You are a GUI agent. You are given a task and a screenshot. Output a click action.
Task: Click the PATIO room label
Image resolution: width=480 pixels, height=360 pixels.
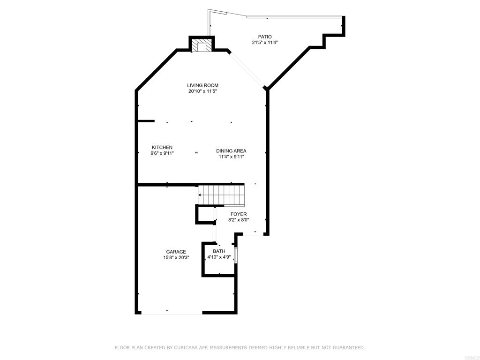click(265, 37)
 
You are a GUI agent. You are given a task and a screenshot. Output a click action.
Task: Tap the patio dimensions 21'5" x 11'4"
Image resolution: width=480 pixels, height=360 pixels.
click(265, 43)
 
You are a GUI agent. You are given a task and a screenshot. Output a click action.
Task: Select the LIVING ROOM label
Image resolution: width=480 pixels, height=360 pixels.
click(202, 85)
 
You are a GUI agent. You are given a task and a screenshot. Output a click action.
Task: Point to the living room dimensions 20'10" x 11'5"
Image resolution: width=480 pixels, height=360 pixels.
click(202, 91)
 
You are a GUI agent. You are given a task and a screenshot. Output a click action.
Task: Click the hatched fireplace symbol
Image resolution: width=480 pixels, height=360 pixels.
click(202, 46)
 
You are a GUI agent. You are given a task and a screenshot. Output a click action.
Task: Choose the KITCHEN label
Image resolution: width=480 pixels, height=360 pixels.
click(162, 147)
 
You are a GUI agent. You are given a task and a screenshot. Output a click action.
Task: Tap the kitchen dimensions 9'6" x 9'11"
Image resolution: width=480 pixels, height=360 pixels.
click(162, 153)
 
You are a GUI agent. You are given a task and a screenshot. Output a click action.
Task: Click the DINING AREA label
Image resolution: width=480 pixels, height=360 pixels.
click(231, 151)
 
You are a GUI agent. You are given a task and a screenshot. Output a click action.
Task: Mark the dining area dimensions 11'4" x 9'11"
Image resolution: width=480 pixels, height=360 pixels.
click(231, 157)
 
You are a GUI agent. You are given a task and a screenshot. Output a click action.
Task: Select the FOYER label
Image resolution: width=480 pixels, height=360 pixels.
click(238, 214)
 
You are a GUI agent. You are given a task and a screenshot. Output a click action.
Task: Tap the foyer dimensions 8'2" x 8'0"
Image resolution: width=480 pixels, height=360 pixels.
click(238, 220)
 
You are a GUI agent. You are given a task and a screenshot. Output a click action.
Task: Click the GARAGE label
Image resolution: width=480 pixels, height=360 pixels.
click(176, 252)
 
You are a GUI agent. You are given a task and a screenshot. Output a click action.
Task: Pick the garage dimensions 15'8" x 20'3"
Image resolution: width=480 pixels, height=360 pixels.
click(176, 258)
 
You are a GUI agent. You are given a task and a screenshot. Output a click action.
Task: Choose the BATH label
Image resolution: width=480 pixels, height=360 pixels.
click(219, 251)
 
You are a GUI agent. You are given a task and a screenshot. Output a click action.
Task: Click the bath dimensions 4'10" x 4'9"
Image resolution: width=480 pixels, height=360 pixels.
click(219, 257)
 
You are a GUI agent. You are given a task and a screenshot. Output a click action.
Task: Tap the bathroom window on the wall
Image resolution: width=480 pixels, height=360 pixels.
click(236, 256)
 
